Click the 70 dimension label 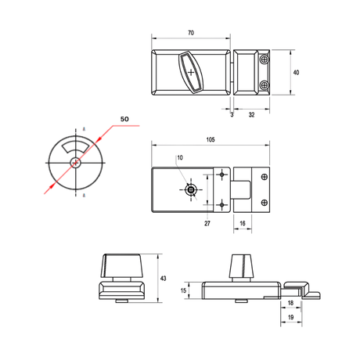[191, 33]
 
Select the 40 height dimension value [296, 72]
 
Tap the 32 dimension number [251, 114]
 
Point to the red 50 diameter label [124, 119]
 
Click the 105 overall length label [211, 139]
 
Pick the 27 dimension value [207, 223]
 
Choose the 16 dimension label [243, 223]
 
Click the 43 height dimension [163, 279]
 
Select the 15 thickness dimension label [183, 290]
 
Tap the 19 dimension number [290, 317]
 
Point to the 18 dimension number [290, 303]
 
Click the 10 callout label [180, 157]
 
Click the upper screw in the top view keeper [265, 59]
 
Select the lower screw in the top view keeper [265, 85]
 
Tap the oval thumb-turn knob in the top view [191, 72]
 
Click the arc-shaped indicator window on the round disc [74, 146]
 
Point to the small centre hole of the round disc [76, 163]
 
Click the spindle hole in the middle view [191, 189]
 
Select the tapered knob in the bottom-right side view [241, 266]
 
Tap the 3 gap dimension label [232, 114]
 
